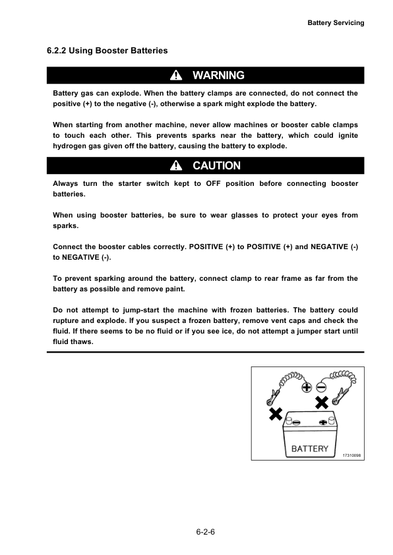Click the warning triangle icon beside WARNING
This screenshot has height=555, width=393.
[x=176, y=76]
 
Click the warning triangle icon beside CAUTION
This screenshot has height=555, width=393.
[x=176, y=165]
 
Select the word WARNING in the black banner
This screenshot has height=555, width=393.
[x=218, y=76]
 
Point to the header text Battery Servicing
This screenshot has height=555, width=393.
[x=336, y=22]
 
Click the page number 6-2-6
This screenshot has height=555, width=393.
[x=206, y=531]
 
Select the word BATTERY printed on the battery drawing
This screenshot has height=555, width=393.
[x=310, y=448]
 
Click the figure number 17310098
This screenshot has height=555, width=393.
[x=353, y=455]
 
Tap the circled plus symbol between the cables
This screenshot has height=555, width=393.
[x=307, y=388]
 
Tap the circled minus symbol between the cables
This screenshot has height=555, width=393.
[x=321, y=388]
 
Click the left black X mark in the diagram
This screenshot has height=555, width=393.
[x=276, y=414]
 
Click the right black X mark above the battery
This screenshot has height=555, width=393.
[x=322, y=402]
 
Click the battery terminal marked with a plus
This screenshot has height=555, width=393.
[x=322, y=423]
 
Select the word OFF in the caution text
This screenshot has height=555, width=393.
[x=214, y=183]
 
